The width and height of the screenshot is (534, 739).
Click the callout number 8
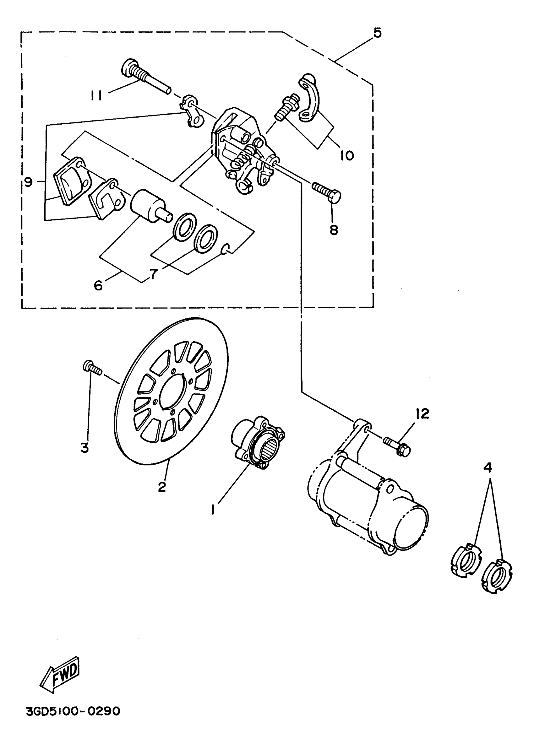[334, 230]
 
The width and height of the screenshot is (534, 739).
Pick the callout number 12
[422, 414]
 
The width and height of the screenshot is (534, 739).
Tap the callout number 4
[488, 467]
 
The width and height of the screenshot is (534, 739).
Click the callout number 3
[84, 448]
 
